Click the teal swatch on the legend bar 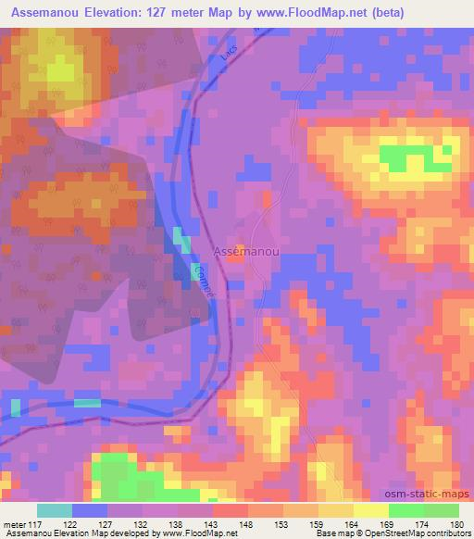pos(55,510)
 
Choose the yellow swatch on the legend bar pos(371,510)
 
